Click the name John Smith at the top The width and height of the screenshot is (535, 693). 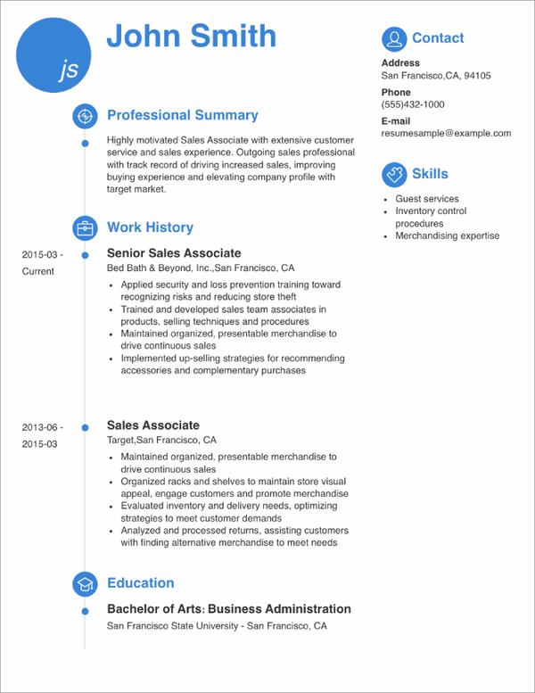[x=191, y=37]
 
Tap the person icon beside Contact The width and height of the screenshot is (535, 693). [x=392, y=38]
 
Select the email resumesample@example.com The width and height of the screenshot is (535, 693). [x=446, y=133]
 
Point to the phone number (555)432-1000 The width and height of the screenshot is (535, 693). [x=413, y=104]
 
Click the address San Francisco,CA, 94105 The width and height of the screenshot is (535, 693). [x=436, y=76]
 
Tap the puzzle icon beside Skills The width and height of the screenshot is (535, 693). [x=392, y=174]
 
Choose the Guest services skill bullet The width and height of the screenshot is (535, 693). [x=427, y=199]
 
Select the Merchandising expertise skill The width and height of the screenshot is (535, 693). [x=448, y=236]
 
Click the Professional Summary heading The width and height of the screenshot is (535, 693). [x=182, y=115]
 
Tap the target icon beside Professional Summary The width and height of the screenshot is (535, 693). [x=84, y=115]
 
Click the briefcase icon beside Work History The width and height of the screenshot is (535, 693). [x=84, y=227]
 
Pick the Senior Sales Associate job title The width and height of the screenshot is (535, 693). [x=174, y=253]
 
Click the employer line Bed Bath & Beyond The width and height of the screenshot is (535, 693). [x=201, y=268]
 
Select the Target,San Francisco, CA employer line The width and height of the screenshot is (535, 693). [x=161, y=441]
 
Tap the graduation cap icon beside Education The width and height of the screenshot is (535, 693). [x=84, y=583]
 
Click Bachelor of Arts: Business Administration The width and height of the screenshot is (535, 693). [x=228, y=609]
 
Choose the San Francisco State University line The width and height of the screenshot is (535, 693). [x=217, y=626]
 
